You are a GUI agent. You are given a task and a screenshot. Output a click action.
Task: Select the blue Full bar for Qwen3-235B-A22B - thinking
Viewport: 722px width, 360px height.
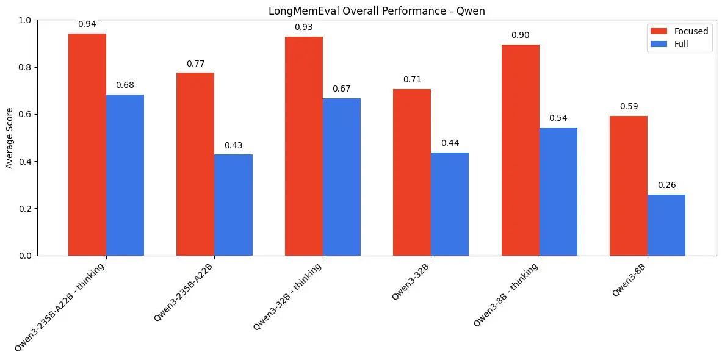pyautogui.click(x=125, y=175)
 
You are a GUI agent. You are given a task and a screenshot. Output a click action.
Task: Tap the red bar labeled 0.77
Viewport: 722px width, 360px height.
pyautogui.click(x=195, y=164)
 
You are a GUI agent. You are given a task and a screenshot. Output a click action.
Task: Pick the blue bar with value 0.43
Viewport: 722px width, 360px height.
pyautogui.click(x=233, y=205)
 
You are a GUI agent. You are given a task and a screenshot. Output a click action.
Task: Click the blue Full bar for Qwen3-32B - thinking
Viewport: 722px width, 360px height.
pyautogui.click(x=341, y=177)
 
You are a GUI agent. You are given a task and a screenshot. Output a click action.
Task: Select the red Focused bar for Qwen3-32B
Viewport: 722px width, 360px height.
pyautogui.click(x=411, y=172)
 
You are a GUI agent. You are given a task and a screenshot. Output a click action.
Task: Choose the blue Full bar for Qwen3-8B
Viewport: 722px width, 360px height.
pyautogui.click(x=666, y=225)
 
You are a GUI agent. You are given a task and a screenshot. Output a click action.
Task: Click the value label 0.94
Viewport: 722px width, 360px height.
pyautogui.click(x=87, y=24)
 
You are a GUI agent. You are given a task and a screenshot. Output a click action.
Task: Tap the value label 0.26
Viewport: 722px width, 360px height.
pyautogui.click(x=666, y=185)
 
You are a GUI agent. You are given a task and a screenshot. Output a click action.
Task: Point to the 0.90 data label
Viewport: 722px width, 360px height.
pyautogui.click(x=521, y=35)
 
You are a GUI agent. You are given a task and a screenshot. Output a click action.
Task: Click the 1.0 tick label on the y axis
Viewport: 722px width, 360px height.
pyautogui.click(x=24, y=20)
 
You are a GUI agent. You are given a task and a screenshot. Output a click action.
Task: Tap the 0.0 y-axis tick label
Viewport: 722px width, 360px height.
pyautogui.click(x=24, y=256)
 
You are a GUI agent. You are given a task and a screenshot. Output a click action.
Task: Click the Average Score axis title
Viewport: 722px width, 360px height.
pyautogui.click(x=10, y=138)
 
